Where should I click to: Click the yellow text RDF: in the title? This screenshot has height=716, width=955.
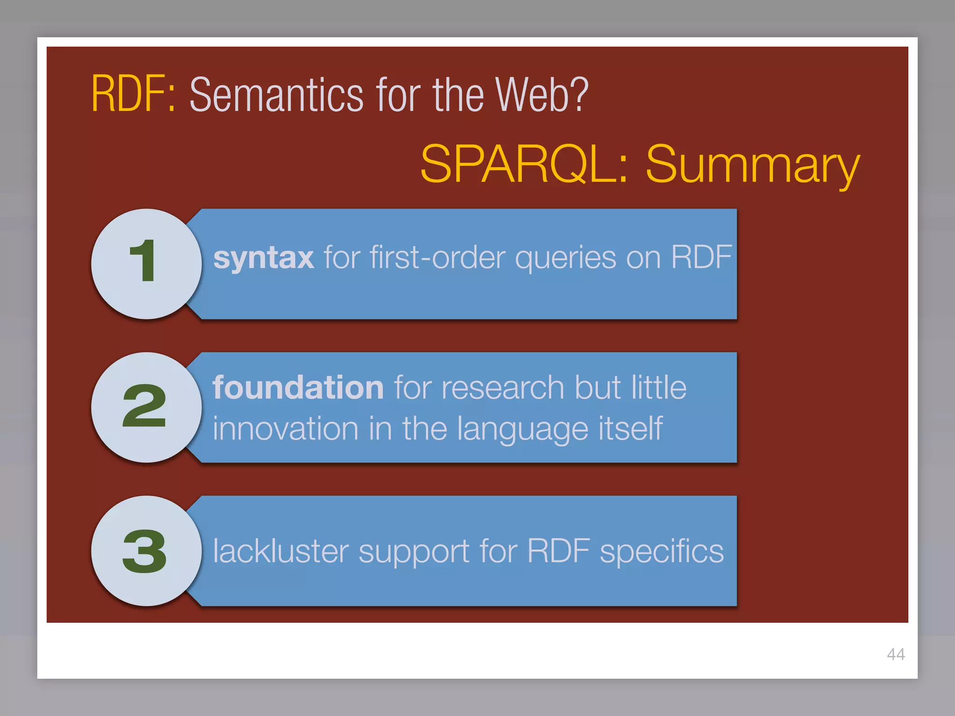pyautogui.click(x=133, y=95)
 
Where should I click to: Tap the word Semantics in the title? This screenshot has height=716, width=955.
pyautogui.click(x=276, y=96)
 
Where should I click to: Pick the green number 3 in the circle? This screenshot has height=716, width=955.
pyautogui.click(x=145, y=551)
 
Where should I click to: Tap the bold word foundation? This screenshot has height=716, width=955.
pyautogui.click(x=298, y=388)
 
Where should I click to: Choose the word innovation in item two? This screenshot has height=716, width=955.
pyautogui.click(x=285, y=429)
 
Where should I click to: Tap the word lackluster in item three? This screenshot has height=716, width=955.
pyautogui.click(x=281, y=551)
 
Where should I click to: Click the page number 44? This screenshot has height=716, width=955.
pyautogui.click(x=896, y=654)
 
